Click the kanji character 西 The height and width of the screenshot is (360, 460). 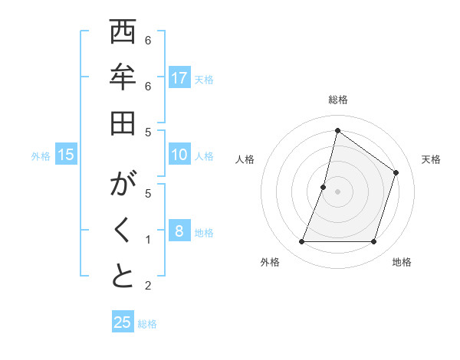[123, 34]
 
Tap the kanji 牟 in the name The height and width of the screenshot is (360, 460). [123, 79]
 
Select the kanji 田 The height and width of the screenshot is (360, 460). [123, 123]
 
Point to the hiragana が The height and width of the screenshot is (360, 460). [123, 186]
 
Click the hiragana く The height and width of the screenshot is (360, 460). [123, 231]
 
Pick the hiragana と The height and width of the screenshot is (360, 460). [123, 277]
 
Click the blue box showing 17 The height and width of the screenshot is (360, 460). [179, 78]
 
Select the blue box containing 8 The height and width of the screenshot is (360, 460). [179, 231]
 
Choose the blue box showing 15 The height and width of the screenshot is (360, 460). [66, 155]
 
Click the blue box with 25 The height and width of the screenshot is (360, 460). [123, 322]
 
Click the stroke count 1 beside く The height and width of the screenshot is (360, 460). [148, 240]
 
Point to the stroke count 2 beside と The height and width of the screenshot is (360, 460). [148, 286]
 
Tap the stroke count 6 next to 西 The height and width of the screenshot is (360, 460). [148, 40]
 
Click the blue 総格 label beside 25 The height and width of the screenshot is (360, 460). [147, 324]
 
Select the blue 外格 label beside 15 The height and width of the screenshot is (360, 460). [41, 156]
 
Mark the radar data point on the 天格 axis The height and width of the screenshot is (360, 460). [396, 172]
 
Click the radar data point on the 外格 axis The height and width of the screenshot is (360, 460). [301, 242]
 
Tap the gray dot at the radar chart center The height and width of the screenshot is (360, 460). [337, 191]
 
